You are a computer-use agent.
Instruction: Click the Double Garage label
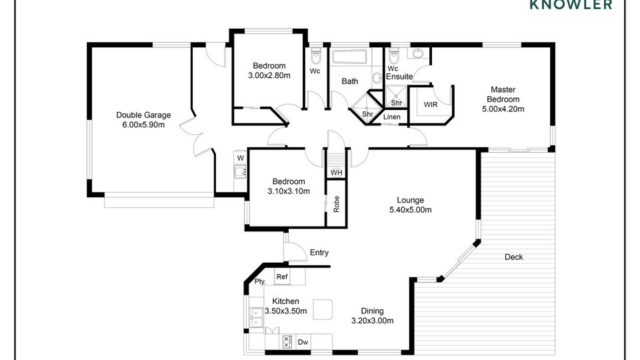click(x=143, y=115)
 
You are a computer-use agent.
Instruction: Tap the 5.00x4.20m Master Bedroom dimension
click(x=503, y=109)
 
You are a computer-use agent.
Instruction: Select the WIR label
click(x=431, y=105)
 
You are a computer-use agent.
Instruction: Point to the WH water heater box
click(x=336, y=173)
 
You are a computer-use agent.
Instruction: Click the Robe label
click(x=336, y=204)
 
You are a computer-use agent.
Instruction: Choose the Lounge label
click(x=410, y=200)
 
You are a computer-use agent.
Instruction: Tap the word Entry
click(x=319, y=253)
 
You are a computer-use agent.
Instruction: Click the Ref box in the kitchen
click(x=282, y=277)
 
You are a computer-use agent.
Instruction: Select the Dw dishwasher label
click(x=303, y=342)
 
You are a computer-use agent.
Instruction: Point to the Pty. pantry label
click(x=260, y=281)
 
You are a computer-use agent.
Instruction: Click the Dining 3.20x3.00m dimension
click(x=372, y=321)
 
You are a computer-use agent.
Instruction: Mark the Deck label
click(x=513, y=257)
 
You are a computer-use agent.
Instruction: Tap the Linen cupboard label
click(x=392, y=117)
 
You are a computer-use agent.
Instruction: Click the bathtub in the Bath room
click(x=350, y=57)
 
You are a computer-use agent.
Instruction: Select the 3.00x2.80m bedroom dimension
click(x=269, y=75)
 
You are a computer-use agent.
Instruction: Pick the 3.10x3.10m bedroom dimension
click(x=289, y=191)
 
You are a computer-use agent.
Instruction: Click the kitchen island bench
click(x=323, y=309)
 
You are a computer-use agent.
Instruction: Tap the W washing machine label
click(x=241, y=159)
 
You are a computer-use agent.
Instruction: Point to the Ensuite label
click(x=399, y=76)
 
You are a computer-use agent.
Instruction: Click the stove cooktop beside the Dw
click(x=287, y=342)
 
